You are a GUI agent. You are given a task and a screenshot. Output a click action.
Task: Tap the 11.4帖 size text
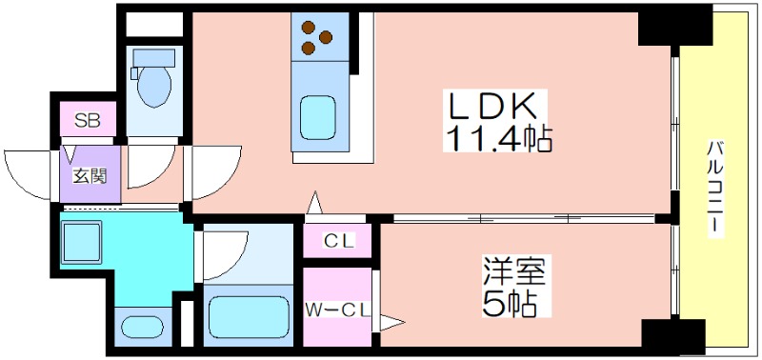(x=496, y=140)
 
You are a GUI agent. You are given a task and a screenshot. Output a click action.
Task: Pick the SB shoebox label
(x=88, y=121)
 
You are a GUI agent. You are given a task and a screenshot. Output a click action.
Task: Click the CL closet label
(x=338, y=241)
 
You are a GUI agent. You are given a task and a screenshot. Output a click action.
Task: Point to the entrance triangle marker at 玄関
(x=70, y=152)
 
